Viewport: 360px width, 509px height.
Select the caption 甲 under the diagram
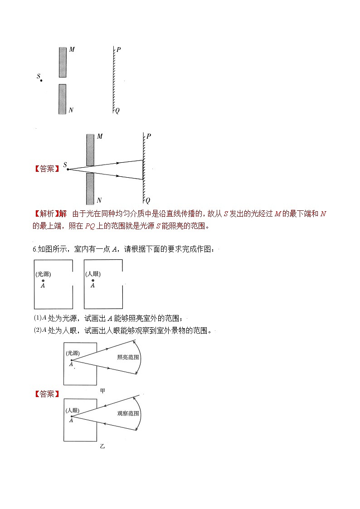pos(102,390)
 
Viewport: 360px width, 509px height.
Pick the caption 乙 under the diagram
pos(102,446)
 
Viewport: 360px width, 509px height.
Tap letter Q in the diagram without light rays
pos(117,110)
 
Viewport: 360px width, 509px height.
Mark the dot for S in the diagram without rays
pos(41,81)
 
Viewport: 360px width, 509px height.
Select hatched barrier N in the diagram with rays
pos(90,188)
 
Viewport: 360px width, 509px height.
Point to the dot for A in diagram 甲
pos(71,360)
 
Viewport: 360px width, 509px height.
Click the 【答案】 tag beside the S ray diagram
pos(47,169)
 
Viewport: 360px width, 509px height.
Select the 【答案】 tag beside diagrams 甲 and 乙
pos(47,394)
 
